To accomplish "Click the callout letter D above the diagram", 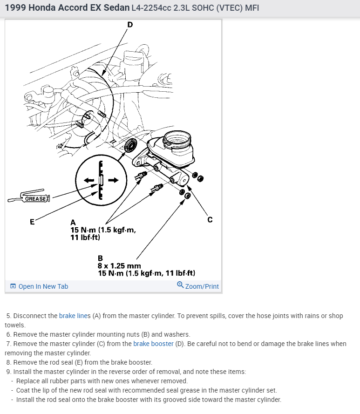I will pyautogui.click(x=129, y=25).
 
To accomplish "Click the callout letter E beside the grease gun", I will pyautogui.click(x=32, y=222).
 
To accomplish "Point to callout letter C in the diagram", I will pyautogui.click(x=210, y=219).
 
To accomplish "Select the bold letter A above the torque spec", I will pyautogui.click(x=73, y=223).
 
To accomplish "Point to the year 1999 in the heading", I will pyautogui.click(x=15, y=8).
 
